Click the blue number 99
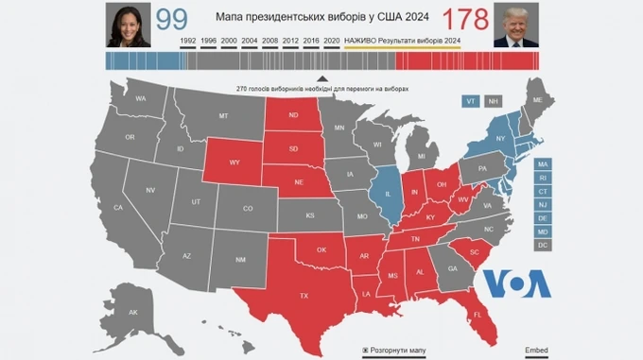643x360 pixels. (x=171, y=18)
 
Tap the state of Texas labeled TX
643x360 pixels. (x=304, y=295)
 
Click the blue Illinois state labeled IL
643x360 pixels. (x=388, y=194)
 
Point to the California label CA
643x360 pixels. (x=118, y=207)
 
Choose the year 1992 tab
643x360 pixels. (x=188, y=41)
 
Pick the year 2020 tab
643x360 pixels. (x=331, y=41)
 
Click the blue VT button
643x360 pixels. (x=470, y=101)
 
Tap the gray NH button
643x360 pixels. (x=494, y=101)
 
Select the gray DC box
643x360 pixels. (x=543, y=245)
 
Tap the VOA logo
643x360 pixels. (x=516, y=283)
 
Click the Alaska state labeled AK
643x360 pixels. (x=132, y=313)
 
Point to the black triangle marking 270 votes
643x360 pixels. (x=321, y=79)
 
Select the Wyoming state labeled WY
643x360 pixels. (x=234, y=163)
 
